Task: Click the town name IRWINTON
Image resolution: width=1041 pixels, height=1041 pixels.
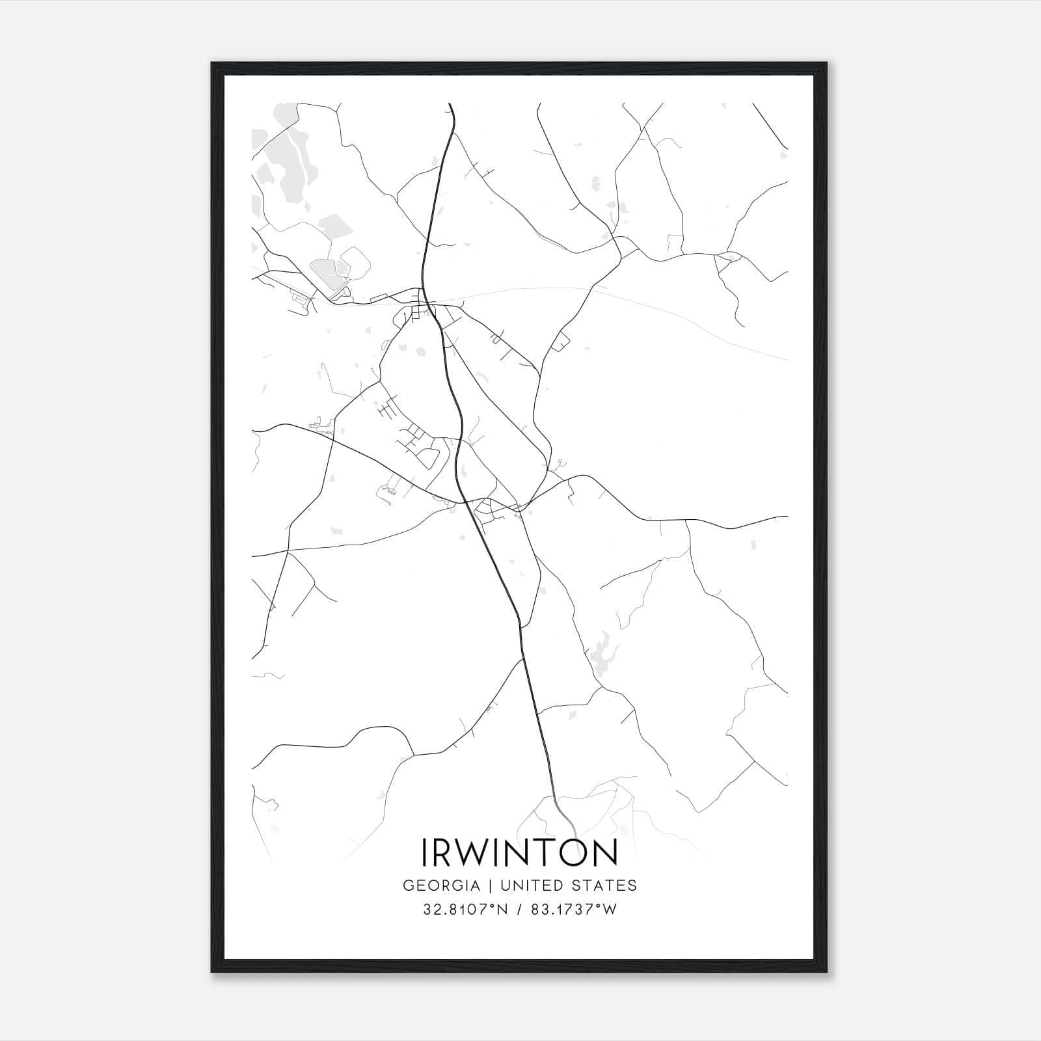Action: (520, 853)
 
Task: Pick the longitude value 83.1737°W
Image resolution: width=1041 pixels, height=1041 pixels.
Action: (573, 910)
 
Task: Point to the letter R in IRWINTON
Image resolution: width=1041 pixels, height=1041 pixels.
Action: (446, 853)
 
